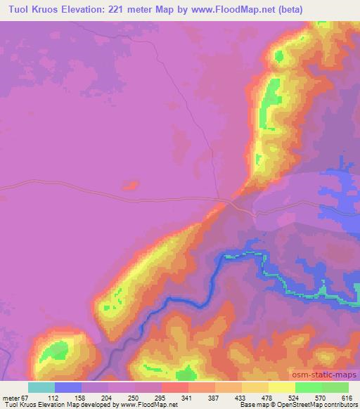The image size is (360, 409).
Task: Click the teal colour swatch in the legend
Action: coord(41,387)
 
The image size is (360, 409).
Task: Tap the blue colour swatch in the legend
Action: coord(68,387)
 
